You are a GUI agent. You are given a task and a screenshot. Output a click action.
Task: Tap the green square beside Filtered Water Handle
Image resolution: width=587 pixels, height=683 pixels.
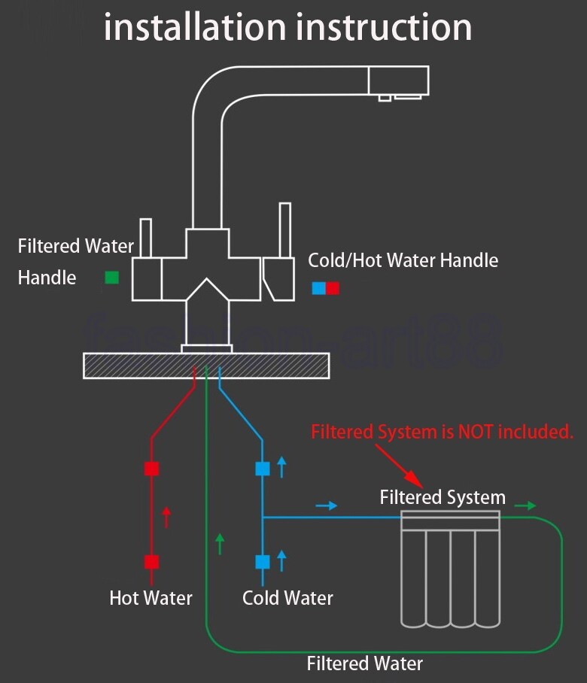point(111,278)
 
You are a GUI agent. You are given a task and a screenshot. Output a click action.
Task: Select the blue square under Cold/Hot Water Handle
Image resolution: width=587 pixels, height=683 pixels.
point(319,288)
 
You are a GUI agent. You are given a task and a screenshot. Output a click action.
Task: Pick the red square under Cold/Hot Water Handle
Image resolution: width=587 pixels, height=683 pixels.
point(333,288)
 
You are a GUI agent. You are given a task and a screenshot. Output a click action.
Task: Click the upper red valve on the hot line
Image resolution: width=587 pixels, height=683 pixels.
point(152,469)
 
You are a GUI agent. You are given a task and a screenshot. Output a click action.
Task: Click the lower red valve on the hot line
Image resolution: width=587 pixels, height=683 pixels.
point(152,562)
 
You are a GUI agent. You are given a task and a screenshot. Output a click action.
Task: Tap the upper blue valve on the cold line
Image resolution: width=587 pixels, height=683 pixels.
point(263,469)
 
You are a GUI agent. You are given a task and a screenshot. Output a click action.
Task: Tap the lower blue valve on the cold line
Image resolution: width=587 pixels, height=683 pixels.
point(263,562)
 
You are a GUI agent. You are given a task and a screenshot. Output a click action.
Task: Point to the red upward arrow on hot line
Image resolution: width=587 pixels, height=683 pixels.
point(167,518)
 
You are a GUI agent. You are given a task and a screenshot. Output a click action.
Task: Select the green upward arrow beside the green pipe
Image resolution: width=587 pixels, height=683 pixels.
point(220,543)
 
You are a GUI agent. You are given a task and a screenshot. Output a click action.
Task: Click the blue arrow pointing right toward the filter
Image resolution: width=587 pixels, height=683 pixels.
point(327,506)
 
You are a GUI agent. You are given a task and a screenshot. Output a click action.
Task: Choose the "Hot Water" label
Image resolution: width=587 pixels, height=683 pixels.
point(151,598)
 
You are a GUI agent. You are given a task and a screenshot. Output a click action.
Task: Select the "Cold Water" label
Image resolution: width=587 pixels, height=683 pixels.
point(287,598)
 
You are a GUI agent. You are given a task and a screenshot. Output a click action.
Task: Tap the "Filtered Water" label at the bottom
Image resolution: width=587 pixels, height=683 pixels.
point(364,663)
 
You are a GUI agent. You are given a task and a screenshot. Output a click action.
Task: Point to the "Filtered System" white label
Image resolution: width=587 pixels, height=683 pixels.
point(443,497)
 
